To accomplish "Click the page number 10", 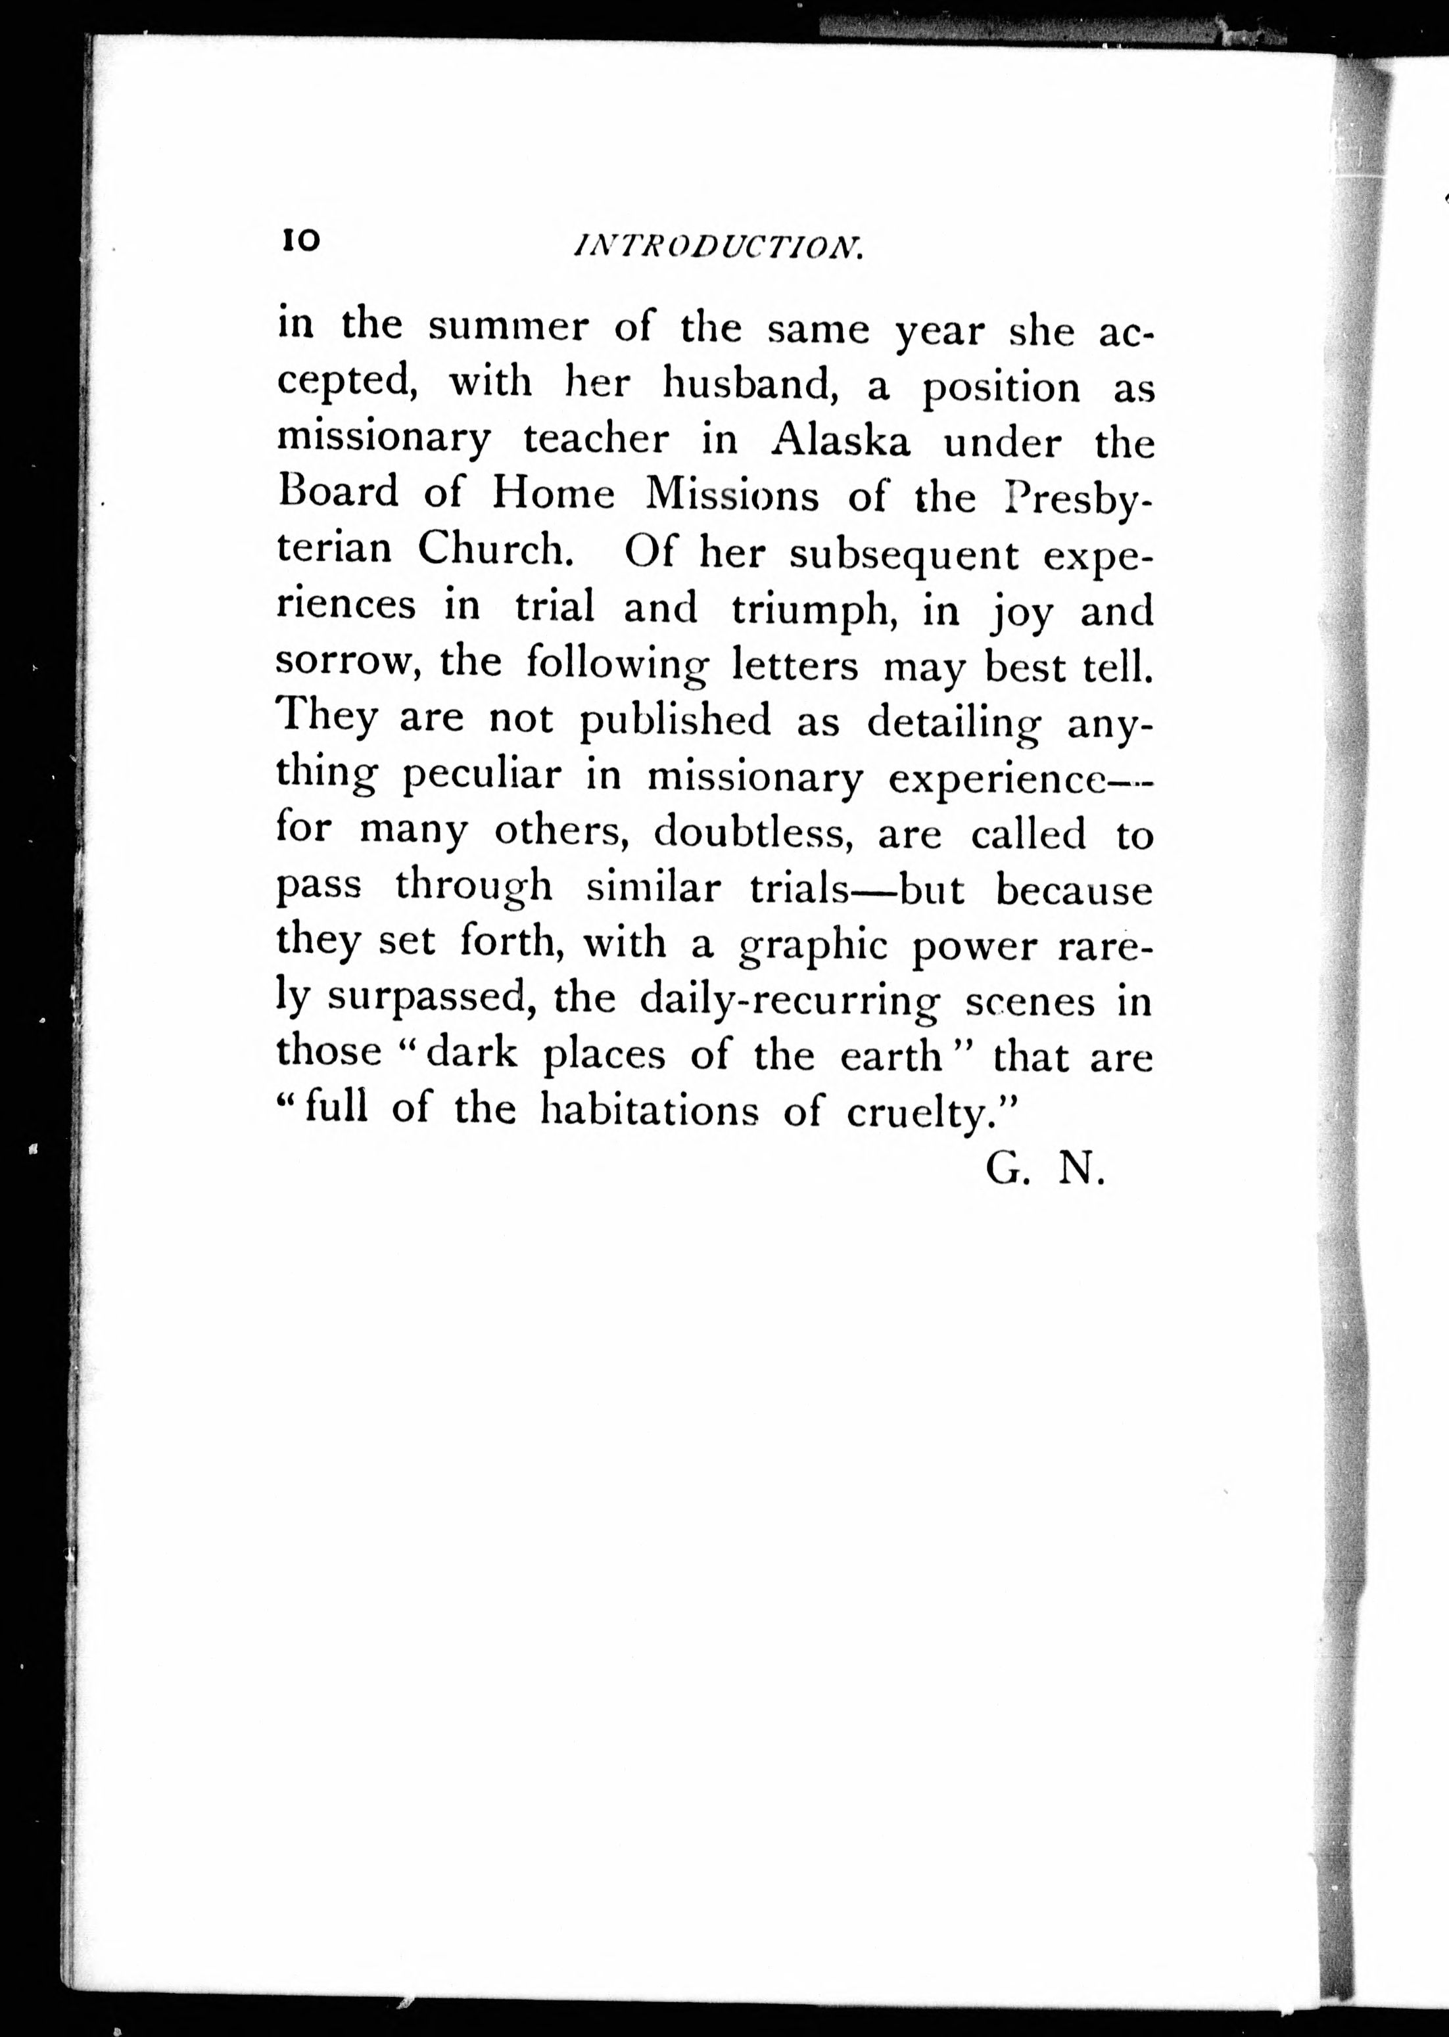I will click(300, 240).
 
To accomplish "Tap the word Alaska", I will click(842, 440).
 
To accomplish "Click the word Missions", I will click(732, 495).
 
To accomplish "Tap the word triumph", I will click(813, 608).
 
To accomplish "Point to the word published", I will click(675, 721).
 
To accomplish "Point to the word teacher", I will click(597, 440).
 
